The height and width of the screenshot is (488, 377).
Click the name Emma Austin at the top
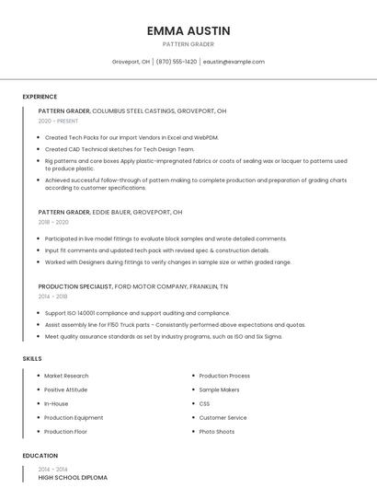click(188, 30)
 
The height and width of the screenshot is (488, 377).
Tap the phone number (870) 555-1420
click(177, 62)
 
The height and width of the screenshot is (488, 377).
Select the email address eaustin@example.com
click(234, 62)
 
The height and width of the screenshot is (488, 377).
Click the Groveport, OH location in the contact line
click(131, 62)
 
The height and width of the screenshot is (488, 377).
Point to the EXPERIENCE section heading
click(40, 97)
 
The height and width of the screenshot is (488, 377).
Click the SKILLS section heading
click(32, 358)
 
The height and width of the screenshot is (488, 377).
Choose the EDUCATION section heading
click(40, 456)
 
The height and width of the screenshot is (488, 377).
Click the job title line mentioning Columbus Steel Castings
click(132, 110)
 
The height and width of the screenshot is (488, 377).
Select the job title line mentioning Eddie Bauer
click(110, 212)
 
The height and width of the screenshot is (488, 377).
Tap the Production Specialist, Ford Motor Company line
click(133, 286)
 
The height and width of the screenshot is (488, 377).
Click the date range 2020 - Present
click(58, 121)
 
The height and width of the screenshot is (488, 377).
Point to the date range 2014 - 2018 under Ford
click(53, 296)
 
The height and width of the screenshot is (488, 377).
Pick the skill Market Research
click(66, 376)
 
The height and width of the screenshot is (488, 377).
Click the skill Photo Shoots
click(217, 431)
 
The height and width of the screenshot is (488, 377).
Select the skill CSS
click(204, 403)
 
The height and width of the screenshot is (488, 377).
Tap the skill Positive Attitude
click(66, 389)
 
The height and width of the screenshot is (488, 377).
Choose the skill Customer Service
click(223, 417)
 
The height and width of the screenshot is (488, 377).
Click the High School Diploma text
click(73, 477)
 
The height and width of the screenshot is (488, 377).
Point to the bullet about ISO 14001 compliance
click(137, 313)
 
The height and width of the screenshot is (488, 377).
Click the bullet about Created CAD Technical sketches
click(120, 148)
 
